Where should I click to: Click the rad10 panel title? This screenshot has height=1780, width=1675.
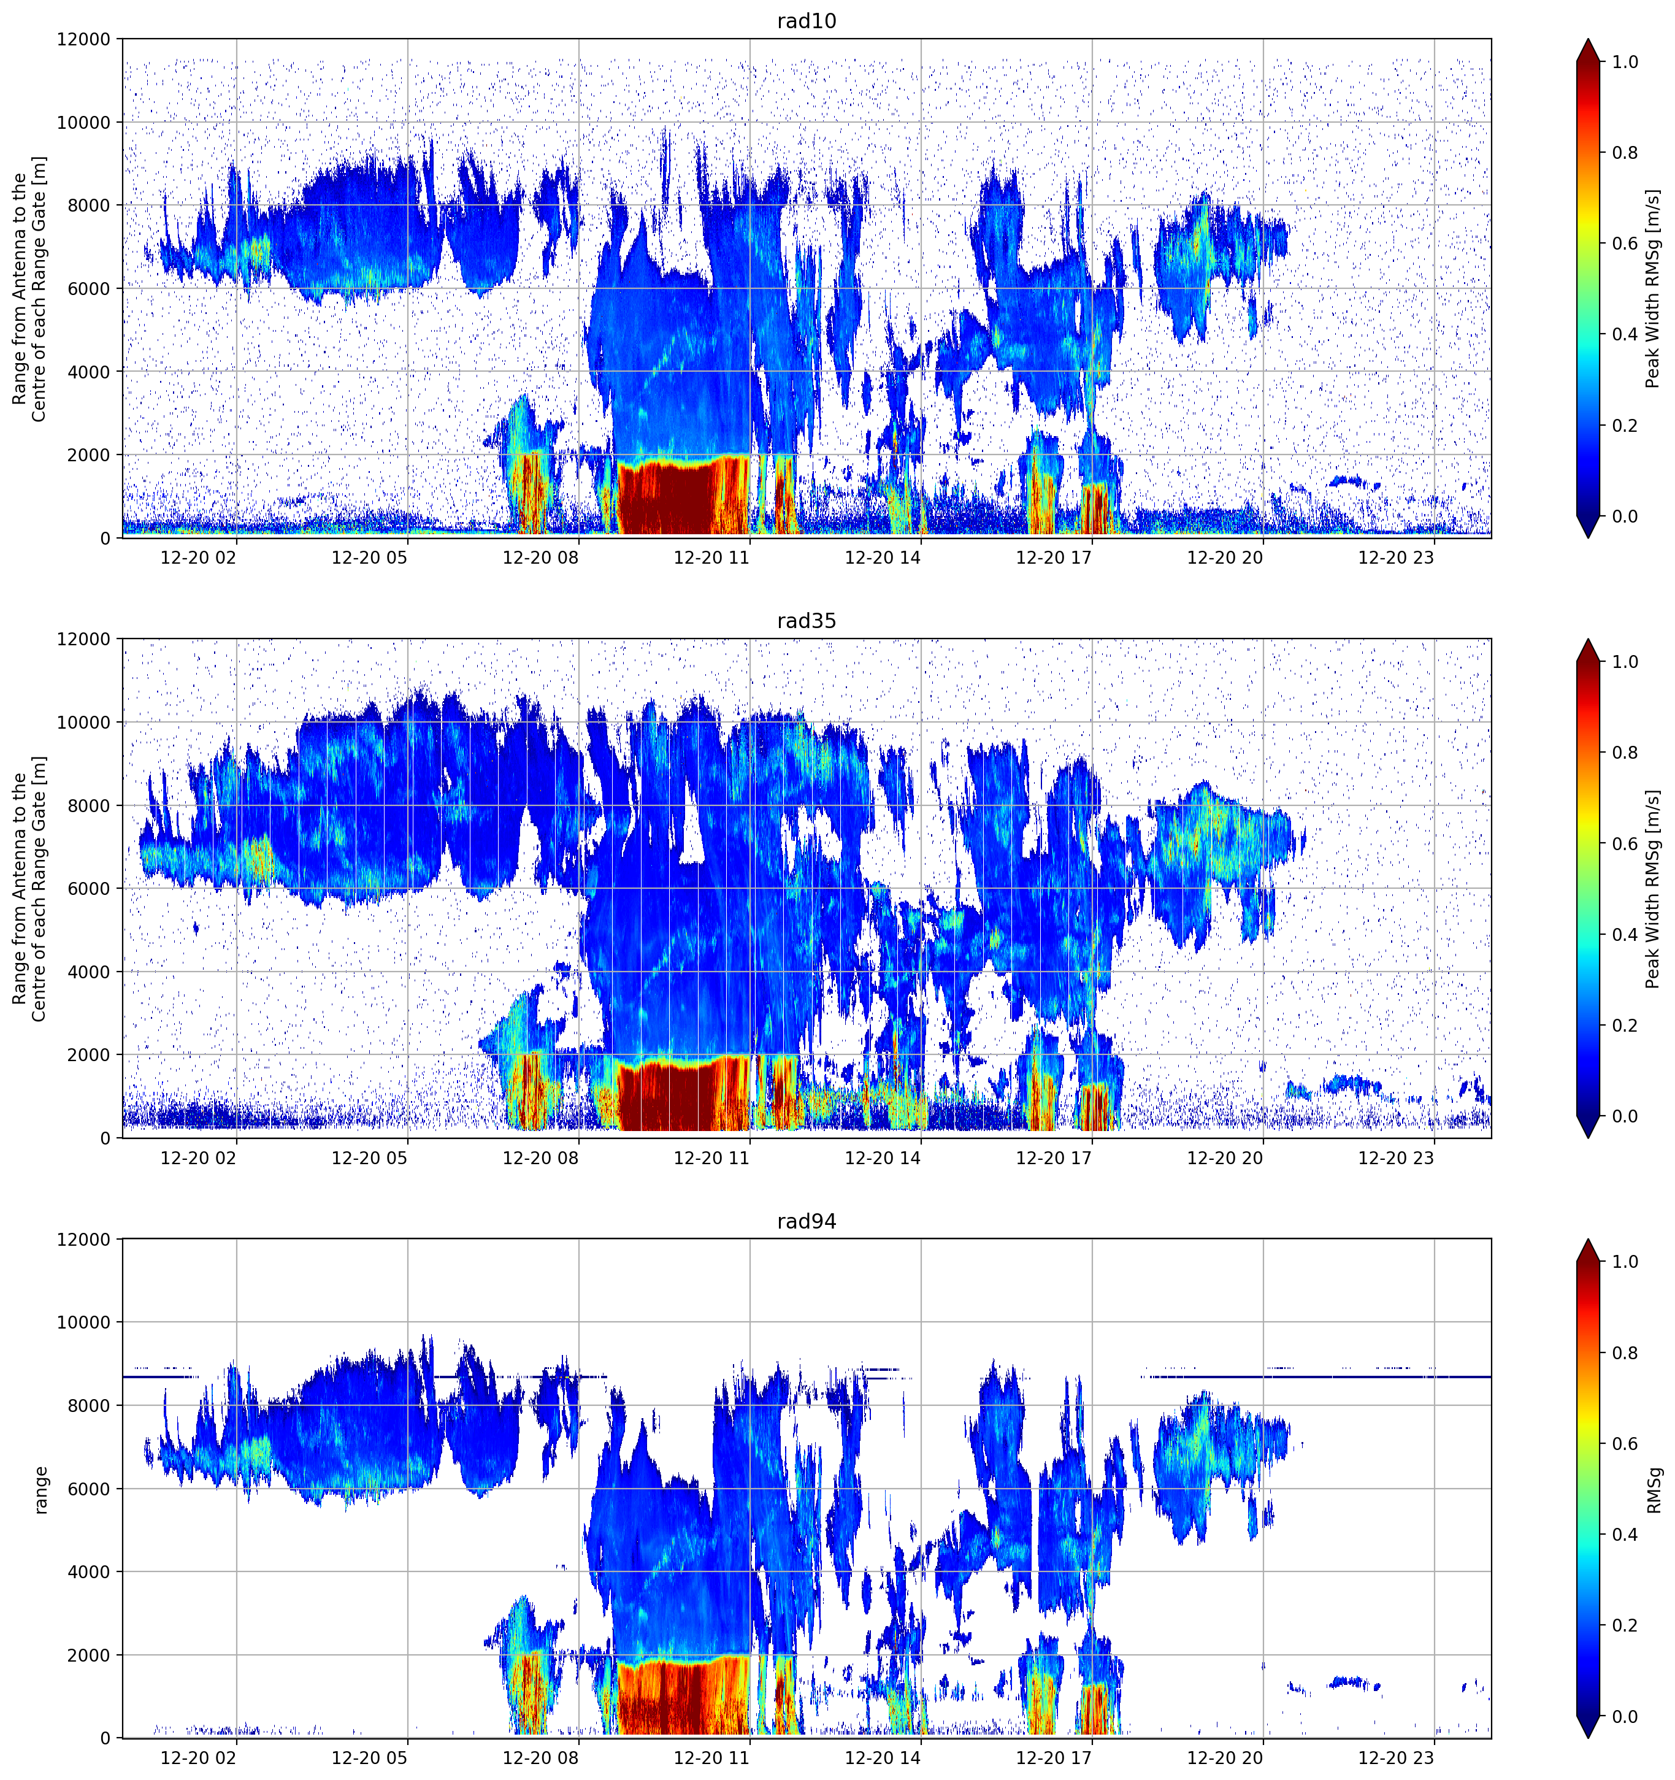point(807,21)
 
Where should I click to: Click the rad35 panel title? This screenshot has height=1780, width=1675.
point(807,621)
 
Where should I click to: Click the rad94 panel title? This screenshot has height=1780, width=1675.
point(807,1221)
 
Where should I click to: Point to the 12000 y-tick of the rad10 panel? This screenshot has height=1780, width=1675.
point(84,39)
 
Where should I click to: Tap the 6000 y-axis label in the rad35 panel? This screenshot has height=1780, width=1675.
point(90,888)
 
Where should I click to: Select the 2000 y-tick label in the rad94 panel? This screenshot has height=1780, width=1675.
point(90,1655)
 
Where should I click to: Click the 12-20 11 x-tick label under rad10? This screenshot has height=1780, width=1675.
point(711,558)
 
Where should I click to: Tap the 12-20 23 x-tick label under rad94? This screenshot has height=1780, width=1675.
point(1396,1758)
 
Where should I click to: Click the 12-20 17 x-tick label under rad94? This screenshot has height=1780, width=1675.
point(1054,1758)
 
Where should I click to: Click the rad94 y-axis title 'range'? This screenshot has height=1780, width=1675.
point(40,1490)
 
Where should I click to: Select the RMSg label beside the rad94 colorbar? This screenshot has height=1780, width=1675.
point(1654,1490)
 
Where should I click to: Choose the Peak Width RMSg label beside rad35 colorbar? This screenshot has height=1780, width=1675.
point(1654,888)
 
